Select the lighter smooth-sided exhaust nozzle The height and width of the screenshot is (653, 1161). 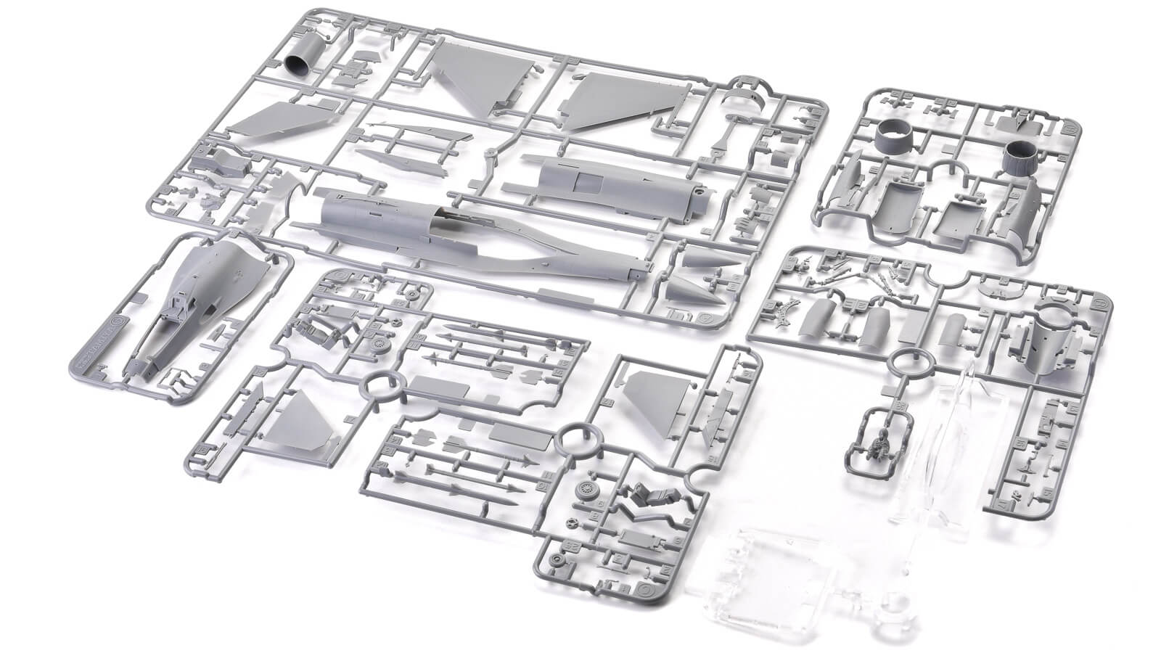coord(892,138)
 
